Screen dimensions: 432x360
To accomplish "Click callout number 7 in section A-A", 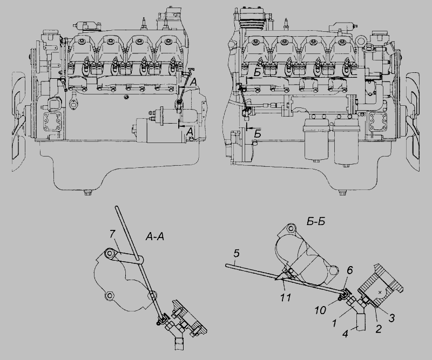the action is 112,234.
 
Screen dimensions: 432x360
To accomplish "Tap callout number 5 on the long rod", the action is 237,255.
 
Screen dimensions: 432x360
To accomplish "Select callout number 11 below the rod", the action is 286,297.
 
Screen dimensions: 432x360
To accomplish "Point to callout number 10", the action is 320,310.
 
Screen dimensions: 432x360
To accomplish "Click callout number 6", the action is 349,271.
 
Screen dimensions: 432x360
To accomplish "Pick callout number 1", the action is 334,323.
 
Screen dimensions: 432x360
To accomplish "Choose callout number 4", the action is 346,334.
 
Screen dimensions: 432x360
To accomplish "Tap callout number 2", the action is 379,329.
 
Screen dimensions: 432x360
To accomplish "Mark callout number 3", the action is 391,318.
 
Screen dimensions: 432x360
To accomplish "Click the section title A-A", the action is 155,236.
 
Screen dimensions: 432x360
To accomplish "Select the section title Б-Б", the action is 316,221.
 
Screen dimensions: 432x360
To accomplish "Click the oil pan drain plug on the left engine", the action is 88,192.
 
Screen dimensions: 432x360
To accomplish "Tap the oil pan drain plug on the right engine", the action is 342,192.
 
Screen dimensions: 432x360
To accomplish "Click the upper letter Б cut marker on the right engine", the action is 257,73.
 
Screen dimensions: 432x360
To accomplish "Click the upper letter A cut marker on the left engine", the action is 194,81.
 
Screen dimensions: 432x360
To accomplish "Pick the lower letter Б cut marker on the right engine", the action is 258,134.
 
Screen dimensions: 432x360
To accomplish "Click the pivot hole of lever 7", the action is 110,253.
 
